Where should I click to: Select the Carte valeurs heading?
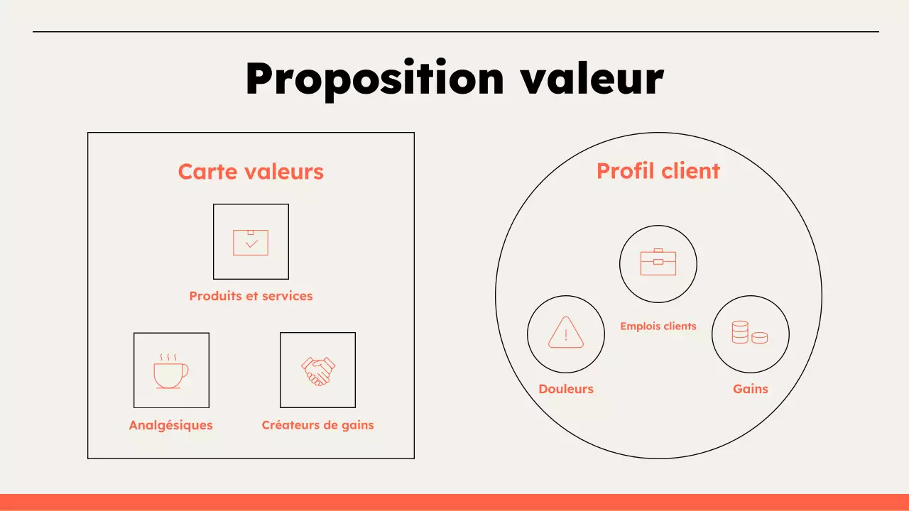pyautogui.click(x=251, y=172)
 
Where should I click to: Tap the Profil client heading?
pyautogui.click(x=658, y=171)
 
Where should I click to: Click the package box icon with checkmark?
pyautogui.click(x=251, y=242)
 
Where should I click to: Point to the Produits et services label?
pyautogui.click(x=251, y=296)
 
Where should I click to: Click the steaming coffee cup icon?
pyautogui.click(x=171, y=373)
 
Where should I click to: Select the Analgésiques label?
pyautogui.click(x=170, y=425)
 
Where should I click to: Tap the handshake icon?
pyautogui.click(x=318, y=370)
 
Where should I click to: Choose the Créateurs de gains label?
pyautogui.click(x=317, y=425)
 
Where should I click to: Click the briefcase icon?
pyautogui.click(x=658, y=263)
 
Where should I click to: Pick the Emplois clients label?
pyautogui.click(x=658, y=326)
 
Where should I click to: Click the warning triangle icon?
pyautogui.click(x=566, y=332)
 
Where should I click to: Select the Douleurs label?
pyautogui.click(x=566, y=389)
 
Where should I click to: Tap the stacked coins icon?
pyautogui.click(x=750, y=332)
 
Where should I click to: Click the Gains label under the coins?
pyautogui.click(x=751, y=389)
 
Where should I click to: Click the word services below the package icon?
pyautogui.click(x=288, y=296)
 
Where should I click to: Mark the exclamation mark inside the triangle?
pyautogui.click(x=566, y=334)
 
